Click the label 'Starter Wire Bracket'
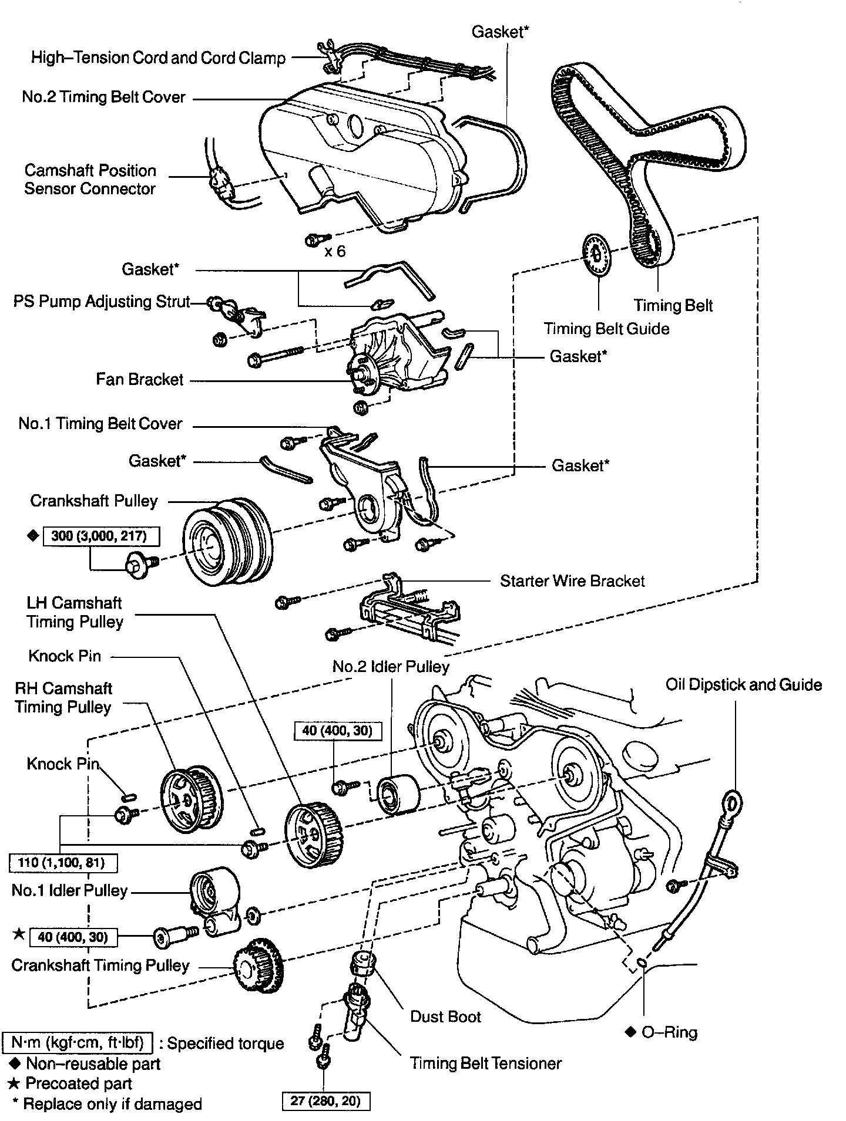click(572, 581)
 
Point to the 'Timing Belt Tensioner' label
click(485, 1063)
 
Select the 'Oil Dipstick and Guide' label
click(743, 685)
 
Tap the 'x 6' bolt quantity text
click(335, 251)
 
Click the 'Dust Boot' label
click(445, 1017)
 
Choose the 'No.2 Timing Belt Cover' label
click(104, 97)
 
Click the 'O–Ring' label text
click(669, 1032)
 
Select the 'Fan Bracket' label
click(140, 380)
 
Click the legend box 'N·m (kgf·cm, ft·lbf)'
click(78, 1042)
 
